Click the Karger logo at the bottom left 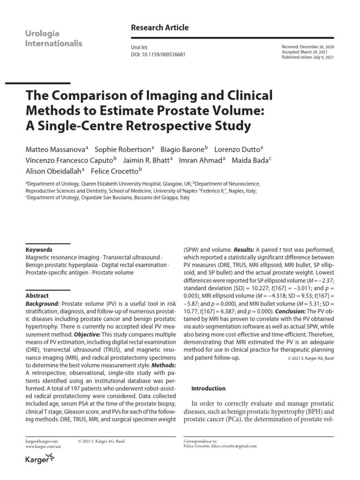pyautogui.click(x=40, y=460)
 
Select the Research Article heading pyautogui.click(x=159, y=28)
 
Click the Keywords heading pyautogui.click(x=39, y=250)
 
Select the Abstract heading pyautogui.click(x=37, y=296)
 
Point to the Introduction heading pyautogui.click(x=209, y=389)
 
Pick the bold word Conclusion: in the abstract pyautogui.click(x=292, y=312)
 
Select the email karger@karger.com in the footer pyautogui.click(x=42, y=441)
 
